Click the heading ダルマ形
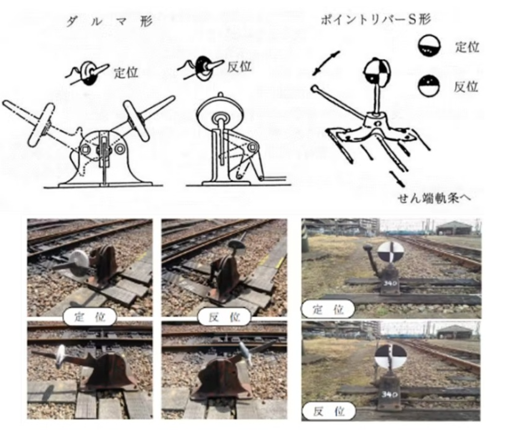pos(110,22)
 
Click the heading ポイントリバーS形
pos(376,20)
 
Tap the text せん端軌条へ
pos(434,198)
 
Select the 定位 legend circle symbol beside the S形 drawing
pos(429,45)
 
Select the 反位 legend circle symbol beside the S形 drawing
pos(429,86)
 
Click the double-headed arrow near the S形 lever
pos(326,63)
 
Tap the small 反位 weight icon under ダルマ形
pos(201,67)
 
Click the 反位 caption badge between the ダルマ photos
pos(224,317)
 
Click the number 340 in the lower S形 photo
pos(389,394)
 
